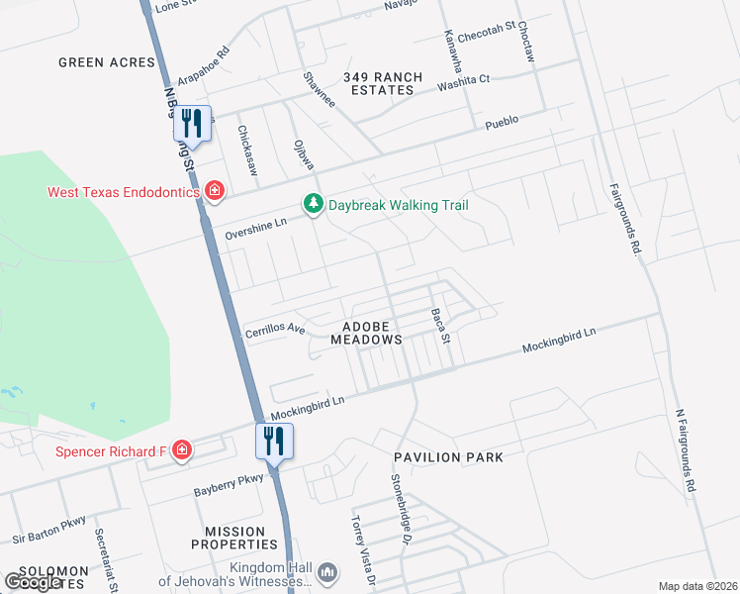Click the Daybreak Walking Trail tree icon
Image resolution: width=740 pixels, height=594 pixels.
[313, 204]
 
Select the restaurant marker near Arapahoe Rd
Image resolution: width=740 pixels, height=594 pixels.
[192, 124]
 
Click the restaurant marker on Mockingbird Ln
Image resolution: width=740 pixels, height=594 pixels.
[274, 441]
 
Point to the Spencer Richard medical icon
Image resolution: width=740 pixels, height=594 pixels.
[181, 451]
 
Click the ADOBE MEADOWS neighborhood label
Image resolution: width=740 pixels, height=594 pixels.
[372, 332]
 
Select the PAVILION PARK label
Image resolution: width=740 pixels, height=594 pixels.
[448, 457]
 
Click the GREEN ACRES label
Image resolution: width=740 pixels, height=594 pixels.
[107, 62]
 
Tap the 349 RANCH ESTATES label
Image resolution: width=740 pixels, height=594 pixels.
[383, 83]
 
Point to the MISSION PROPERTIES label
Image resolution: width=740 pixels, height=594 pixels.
[241, 538]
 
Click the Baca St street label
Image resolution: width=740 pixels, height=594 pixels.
[440, 327]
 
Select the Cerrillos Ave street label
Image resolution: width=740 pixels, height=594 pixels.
[275, 330]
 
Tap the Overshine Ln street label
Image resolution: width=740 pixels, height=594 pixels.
[255, 230]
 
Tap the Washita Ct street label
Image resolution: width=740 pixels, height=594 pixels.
[464, 83]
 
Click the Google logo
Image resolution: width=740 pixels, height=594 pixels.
[33, 582]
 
